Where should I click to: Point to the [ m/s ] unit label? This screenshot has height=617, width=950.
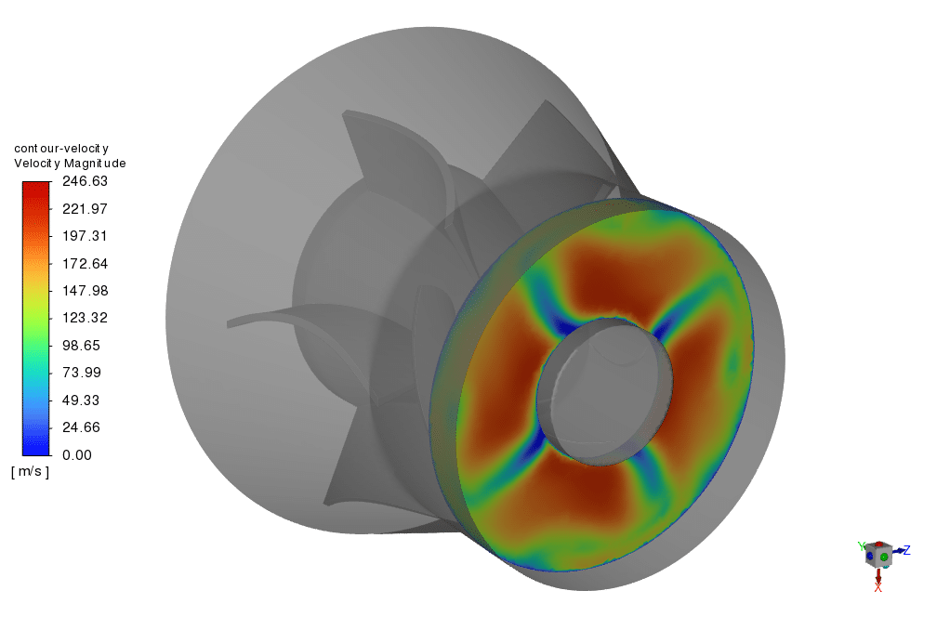[31, 472]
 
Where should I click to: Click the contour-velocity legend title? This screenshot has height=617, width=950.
[61, 149]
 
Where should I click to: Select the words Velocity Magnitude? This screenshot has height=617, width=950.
[70, 164]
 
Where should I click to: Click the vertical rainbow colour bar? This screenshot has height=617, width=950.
[35, 318]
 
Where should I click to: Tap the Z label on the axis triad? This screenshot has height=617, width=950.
[906, 550]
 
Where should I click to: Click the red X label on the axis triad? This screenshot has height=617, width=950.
[877, 587]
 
